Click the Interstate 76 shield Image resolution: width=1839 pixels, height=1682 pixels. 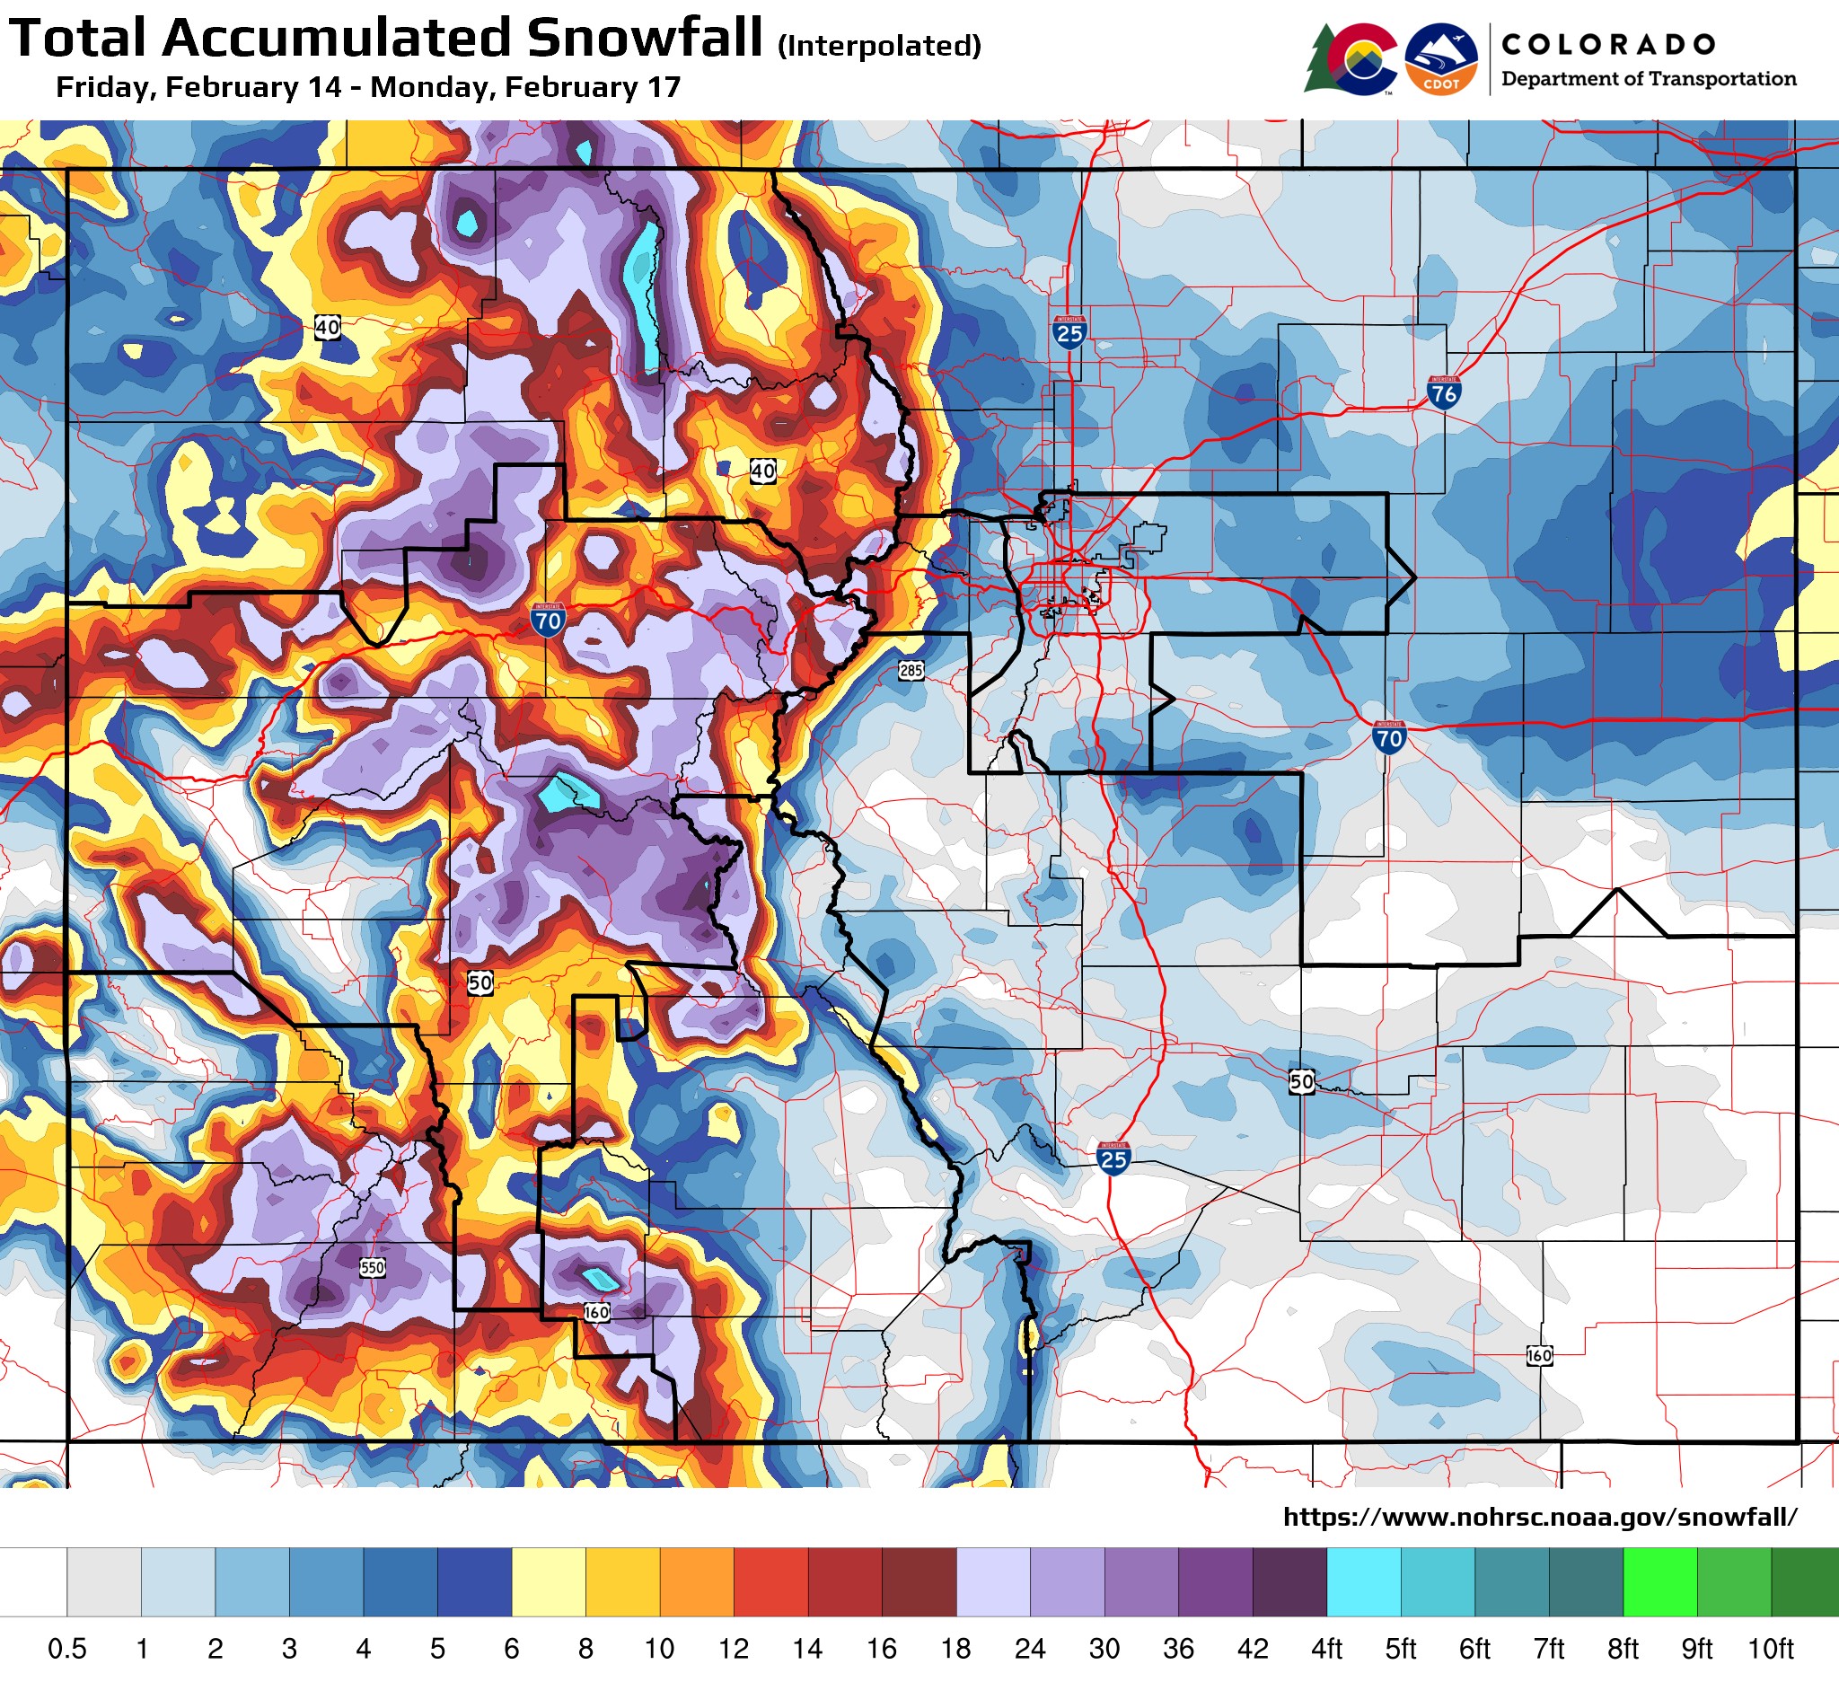point(1444,392)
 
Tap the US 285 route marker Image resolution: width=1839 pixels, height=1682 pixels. point(911,671)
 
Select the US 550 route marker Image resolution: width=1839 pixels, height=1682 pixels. point(372,1267)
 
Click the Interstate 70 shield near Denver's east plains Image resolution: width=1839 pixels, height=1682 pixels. point(1388,736)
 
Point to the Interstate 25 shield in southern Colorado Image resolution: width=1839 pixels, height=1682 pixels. point(1113,1158)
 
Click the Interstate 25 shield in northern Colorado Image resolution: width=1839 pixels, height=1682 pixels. point(1069,332)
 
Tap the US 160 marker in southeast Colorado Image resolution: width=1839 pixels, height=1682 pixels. point(1539,1354)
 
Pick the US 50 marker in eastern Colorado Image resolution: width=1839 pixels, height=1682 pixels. point(1302,1082)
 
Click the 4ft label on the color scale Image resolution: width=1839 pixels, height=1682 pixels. point(1326,1649)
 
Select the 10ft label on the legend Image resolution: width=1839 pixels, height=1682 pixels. point(1771,1649)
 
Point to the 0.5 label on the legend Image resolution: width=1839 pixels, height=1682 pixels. point(66,1649)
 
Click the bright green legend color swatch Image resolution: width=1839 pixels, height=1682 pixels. point(1659,1581)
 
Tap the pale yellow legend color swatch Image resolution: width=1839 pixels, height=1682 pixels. point(549,1581)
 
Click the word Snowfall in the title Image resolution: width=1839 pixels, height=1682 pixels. point(644,39)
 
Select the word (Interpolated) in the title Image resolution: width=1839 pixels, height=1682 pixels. point(879,45)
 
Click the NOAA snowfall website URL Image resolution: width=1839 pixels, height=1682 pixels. point(1540,1517)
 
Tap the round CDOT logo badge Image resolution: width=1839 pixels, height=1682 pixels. point(1440,59)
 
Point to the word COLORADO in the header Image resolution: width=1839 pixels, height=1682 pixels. point(1608,44)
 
